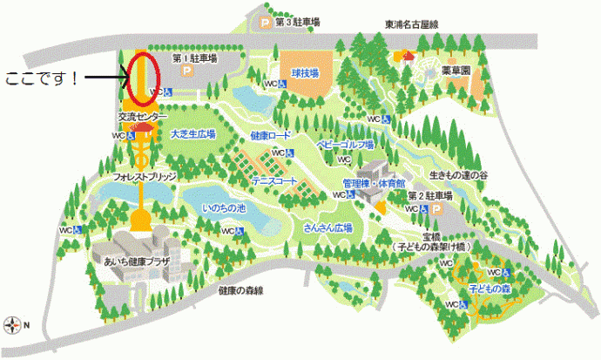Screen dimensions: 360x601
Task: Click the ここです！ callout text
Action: (44, 78)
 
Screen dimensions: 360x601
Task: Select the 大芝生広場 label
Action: (192, 134)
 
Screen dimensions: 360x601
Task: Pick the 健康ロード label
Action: (270, 136)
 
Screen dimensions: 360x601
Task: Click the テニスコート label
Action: (275, 180)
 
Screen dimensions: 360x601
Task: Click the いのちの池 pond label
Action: (224, 209)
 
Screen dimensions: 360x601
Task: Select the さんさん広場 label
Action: (328, 227)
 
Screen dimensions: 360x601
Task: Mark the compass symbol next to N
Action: (12, 325)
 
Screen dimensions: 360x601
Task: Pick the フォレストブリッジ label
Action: (145, 176)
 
